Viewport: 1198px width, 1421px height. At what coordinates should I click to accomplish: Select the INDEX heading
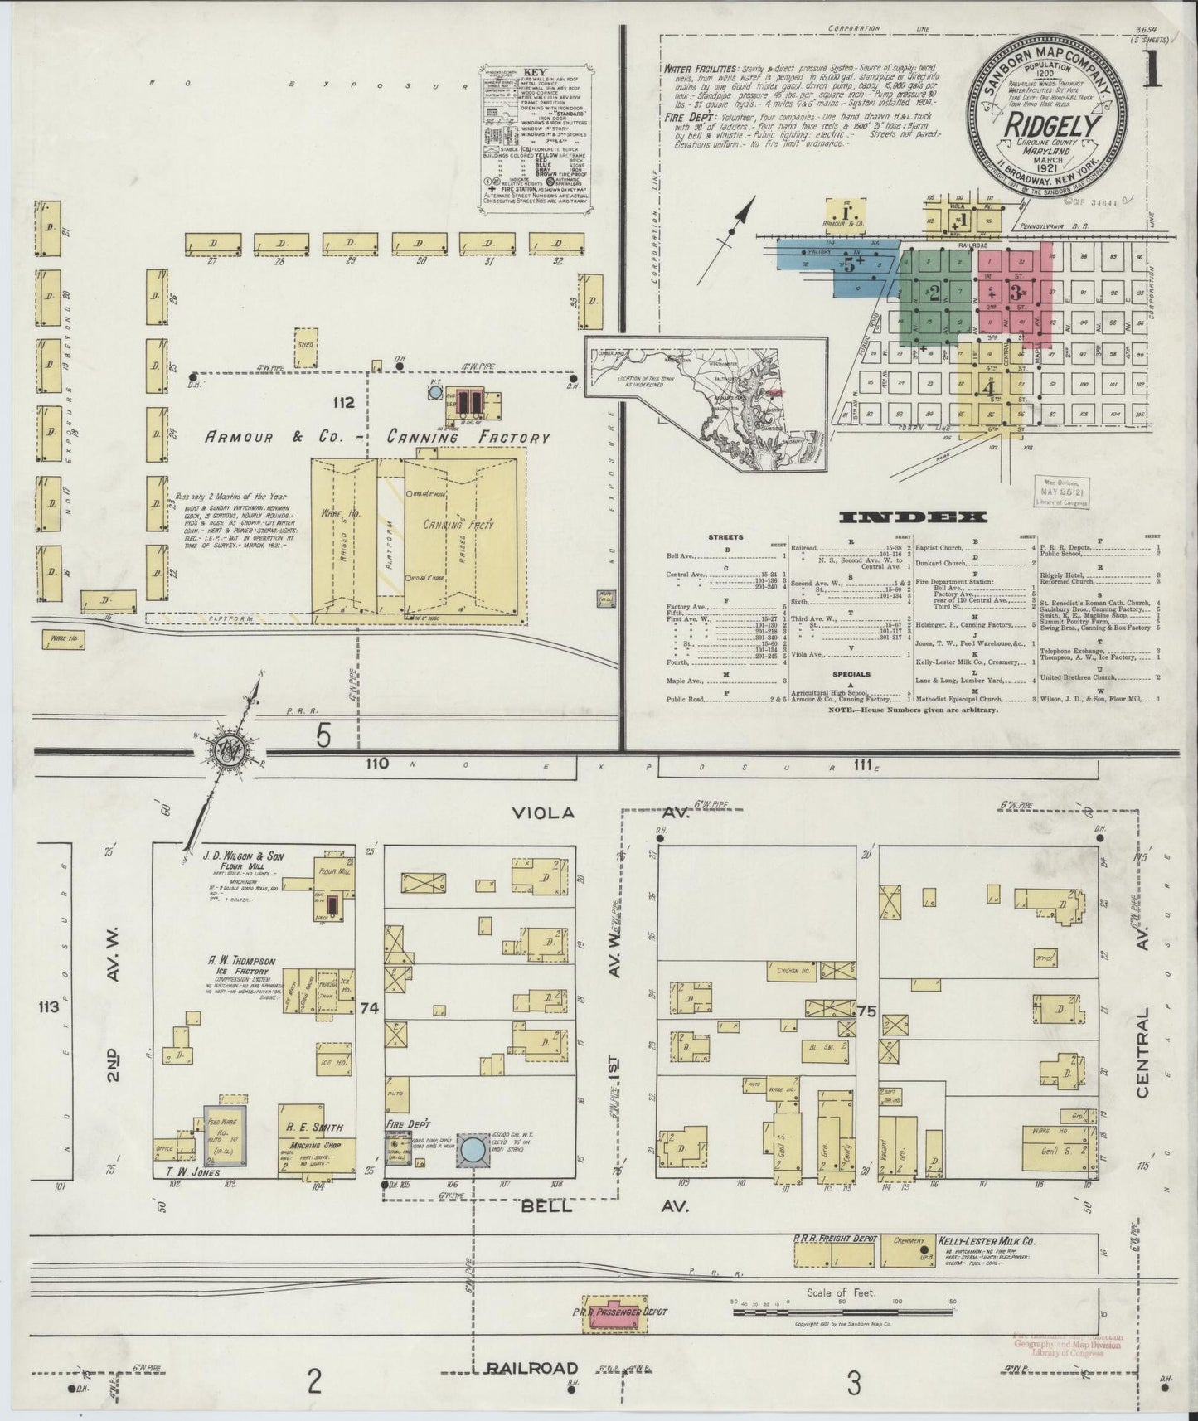(x=913, y=518)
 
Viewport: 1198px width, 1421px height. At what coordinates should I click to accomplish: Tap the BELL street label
(x=546, y=1207)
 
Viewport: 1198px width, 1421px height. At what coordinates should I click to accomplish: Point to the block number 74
(x=370, y=1008)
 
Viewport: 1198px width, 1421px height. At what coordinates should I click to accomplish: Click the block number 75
(x=867, y=1011)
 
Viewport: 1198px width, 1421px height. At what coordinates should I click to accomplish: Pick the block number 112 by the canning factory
(x=342, y=404)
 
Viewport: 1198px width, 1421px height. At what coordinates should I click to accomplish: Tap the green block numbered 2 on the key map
(x=934, y=293)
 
